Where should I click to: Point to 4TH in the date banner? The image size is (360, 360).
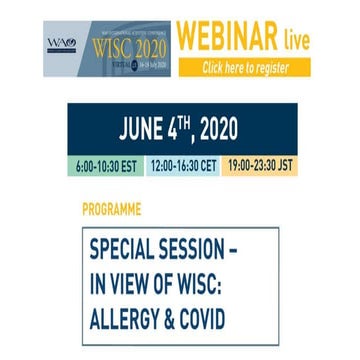pyautogui.click(x=184, y=128)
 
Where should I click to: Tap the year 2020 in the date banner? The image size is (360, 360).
pyautogui.click(x=224, y=130)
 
